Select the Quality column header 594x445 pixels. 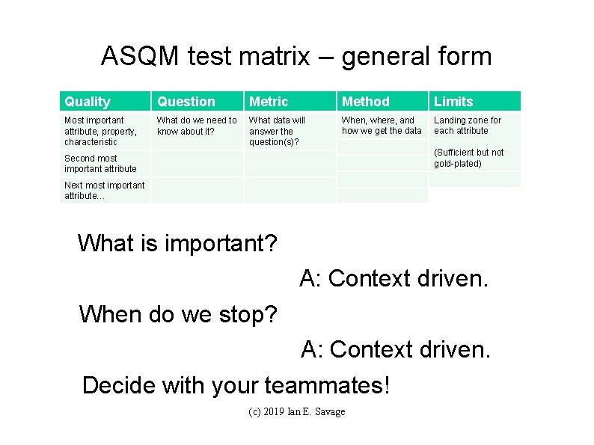[88, 102]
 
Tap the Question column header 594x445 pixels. [186, 102]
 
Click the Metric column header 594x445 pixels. [268, 102]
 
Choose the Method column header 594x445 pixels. [365, 102]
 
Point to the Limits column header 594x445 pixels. [453, 102]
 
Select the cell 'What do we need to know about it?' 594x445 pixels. [196, 126]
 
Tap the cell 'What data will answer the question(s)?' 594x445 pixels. [277, 131]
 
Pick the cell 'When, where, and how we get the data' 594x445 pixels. [382, 126]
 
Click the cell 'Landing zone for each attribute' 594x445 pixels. [468, 126]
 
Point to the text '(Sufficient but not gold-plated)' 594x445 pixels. [469, 158]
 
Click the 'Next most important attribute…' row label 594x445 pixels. [104, 191]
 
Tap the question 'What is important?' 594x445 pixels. [177, 243]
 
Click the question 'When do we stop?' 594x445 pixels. [178, 314]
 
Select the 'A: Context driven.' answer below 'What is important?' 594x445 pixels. [394, 279]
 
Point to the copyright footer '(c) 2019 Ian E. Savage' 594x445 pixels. [296, 412]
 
